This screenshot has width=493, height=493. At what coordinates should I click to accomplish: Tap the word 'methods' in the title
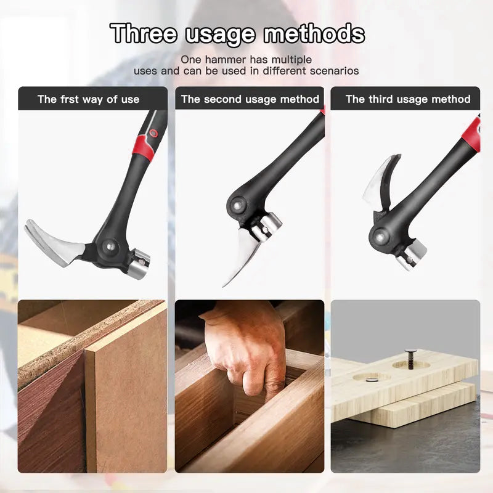click(314, 33)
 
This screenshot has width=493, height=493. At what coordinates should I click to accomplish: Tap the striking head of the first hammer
click(139, 261)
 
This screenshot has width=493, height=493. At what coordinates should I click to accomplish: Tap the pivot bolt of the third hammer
click(378, 234)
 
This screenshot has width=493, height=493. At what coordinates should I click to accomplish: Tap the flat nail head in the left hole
click(372, 379)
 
